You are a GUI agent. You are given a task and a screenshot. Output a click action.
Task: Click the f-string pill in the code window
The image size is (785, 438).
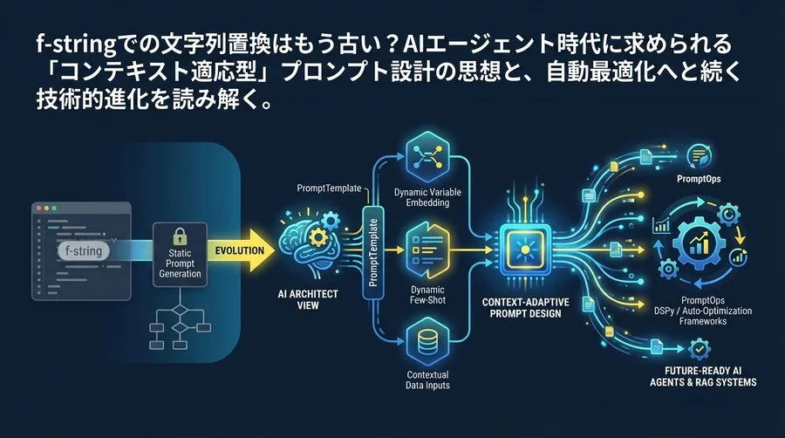click(x=83, y=251)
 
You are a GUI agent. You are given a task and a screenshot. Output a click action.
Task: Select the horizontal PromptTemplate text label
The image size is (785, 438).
click(x=328, y=187)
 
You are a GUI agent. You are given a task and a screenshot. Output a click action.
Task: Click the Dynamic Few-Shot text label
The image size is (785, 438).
click(x=427, y=296)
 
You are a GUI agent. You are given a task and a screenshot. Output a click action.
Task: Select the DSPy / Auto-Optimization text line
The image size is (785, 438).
click(x=702, y=311)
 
